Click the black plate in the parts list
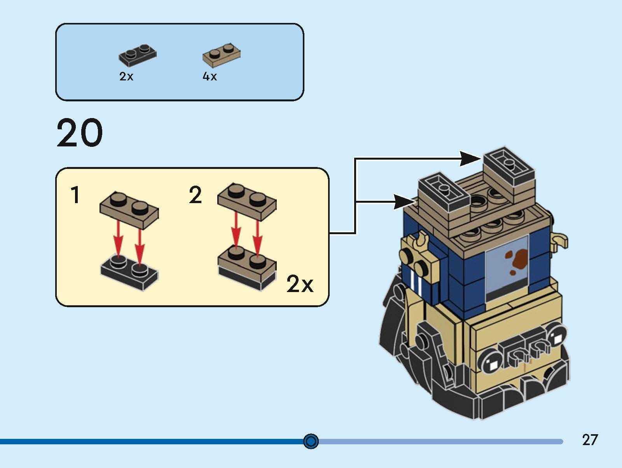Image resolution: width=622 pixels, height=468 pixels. coord(138,54)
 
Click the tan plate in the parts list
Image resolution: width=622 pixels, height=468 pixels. coord(221,55)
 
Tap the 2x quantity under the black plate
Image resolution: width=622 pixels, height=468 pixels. coord(126,77)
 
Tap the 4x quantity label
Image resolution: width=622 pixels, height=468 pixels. coord(210,77)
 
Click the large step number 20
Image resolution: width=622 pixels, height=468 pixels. coord(80,133)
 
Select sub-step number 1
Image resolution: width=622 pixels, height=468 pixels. coord(75,195)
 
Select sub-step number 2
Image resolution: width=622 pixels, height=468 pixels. coord(195,195)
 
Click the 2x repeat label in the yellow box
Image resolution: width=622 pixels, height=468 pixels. coord(299,284)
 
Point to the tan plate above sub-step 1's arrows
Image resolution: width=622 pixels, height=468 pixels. coord(129,210)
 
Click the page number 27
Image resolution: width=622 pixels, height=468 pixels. coord(590,440)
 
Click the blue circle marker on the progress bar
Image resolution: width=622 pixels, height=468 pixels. coord(311,441)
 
